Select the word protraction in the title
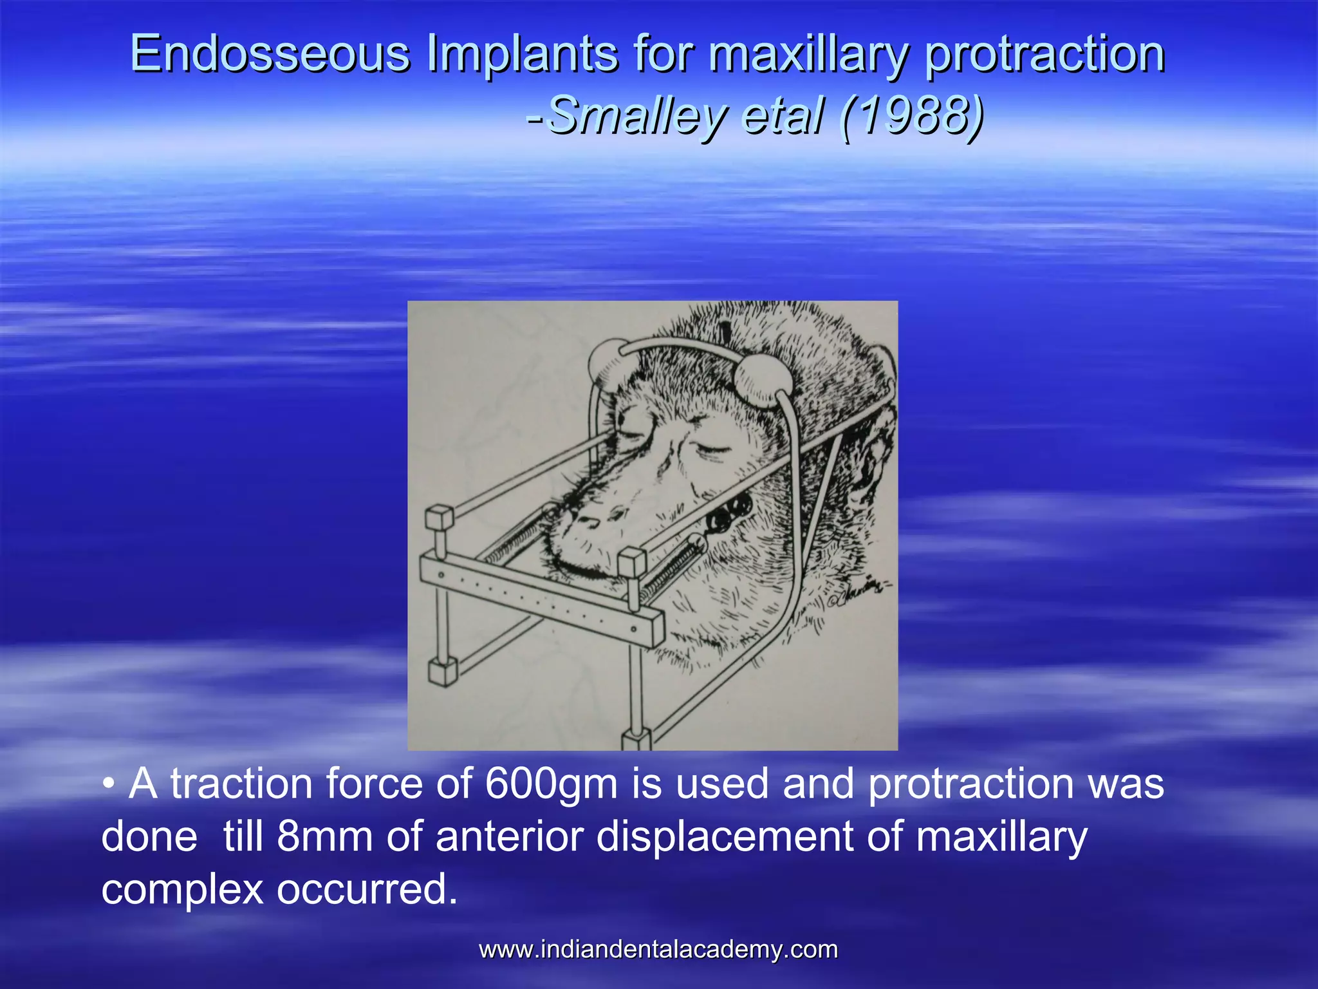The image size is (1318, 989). pos(1044,55)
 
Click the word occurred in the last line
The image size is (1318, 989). pos(366,889)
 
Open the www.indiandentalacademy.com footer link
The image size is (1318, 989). pos(658,950)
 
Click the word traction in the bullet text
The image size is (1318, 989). pos(241,784)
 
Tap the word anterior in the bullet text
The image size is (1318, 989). pos(510,837)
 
